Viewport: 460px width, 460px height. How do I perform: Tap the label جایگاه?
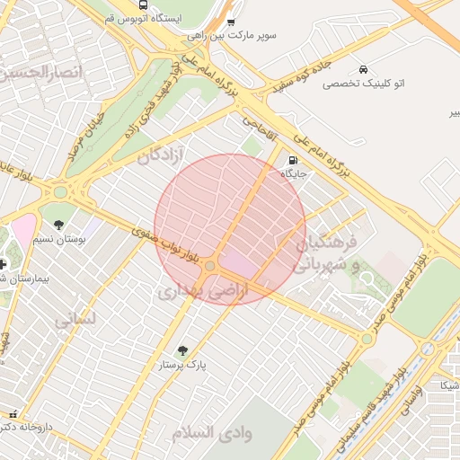coord(292,174)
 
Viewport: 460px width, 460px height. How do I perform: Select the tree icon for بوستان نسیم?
coord(59,225)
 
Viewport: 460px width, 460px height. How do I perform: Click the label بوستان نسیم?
coord(57,240)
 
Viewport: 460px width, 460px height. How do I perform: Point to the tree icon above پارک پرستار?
coord(184,351)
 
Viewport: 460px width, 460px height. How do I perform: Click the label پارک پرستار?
coord(183,367)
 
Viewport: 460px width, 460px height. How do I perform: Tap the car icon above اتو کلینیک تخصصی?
coord(362,69)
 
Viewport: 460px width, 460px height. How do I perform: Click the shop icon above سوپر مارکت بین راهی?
coord(232,22)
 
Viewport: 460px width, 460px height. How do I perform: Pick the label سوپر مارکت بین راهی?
coord(232,36)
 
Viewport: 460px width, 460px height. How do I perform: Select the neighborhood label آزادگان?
coord(161,156)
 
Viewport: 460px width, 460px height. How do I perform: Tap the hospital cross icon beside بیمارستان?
coord(4,264)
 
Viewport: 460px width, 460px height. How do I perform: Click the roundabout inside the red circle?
coord(210,266)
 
